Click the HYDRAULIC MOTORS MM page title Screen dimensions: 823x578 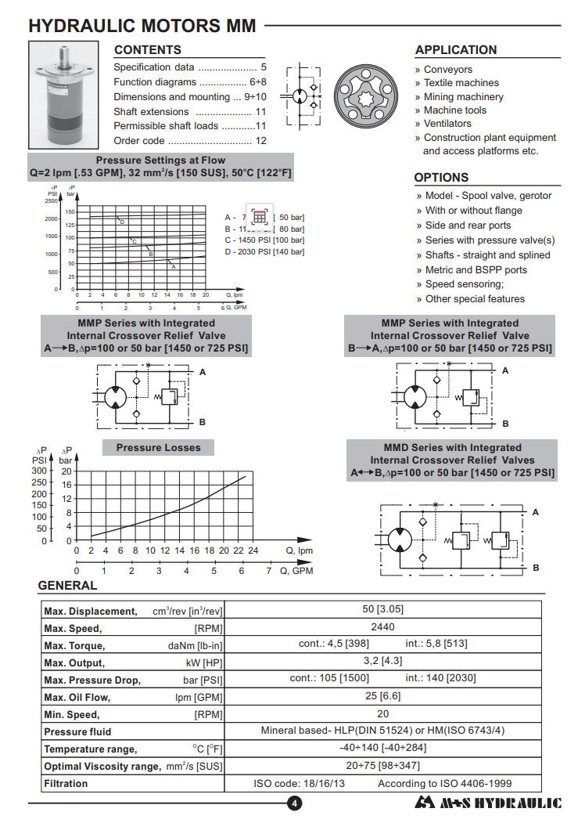tap(142, 26)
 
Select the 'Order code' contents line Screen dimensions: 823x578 tap(190, 141)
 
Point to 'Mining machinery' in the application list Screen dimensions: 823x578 tap(463, 97)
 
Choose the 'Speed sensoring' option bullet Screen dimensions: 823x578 tap(464, 284)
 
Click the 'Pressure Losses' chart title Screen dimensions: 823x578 tap(158, 448)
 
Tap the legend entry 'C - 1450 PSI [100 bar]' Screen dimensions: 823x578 tap(264, 240)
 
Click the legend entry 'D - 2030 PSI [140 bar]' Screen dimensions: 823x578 tap(264, 251)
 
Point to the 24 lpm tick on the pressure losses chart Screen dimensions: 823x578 tap(253, 550)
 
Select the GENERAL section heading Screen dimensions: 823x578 tap(67, 586)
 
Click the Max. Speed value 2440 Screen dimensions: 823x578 tap(382, 627)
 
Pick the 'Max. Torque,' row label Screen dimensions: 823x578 tap(74, 646)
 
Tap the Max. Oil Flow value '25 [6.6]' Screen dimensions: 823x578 tap(382, 696)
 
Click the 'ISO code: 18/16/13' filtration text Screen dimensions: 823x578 tap(300, 783)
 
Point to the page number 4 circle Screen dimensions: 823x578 tap(294, 803)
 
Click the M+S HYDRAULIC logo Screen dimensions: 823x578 tap(488, 803)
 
